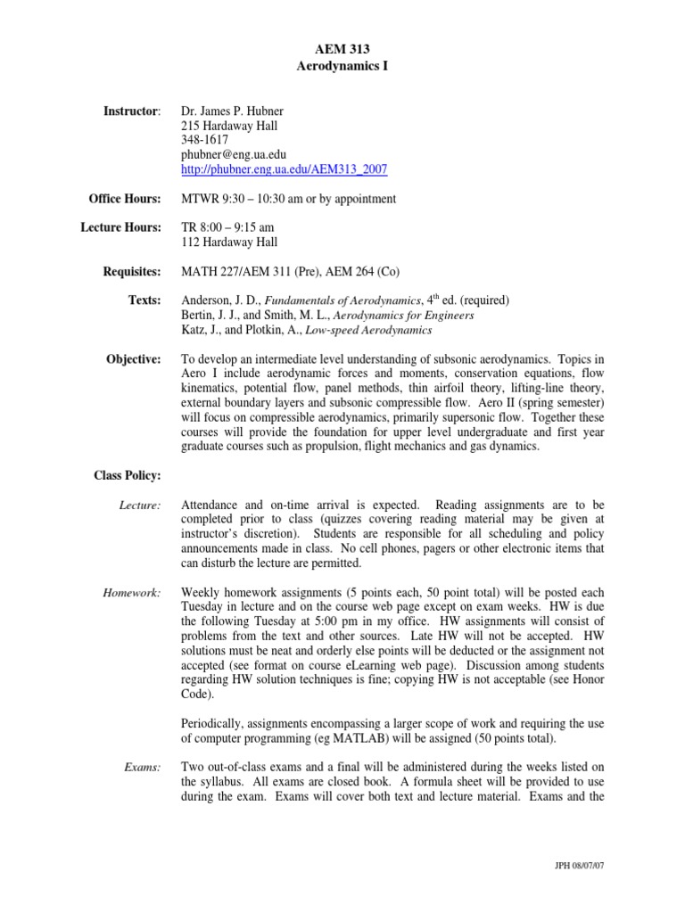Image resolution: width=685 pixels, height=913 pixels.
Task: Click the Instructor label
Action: pos(132,111)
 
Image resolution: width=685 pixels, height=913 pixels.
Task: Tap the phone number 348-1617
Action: pos(204,140)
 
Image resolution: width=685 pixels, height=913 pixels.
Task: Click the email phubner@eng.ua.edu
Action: pos(234,154)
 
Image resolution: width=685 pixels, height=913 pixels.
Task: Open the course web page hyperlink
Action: pos(284,169)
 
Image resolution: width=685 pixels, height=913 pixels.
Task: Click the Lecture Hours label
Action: pos(121,227)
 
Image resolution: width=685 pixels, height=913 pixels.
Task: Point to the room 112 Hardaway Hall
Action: pos(229,242)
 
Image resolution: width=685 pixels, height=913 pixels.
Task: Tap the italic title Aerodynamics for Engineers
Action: pos(401,315)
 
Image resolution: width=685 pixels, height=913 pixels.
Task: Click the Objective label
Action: pos(133,358)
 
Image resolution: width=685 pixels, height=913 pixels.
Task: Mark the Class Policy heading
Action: pos(128,475)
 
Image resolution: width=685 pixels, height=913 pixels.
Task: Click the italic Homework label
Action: pos(130,592)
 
